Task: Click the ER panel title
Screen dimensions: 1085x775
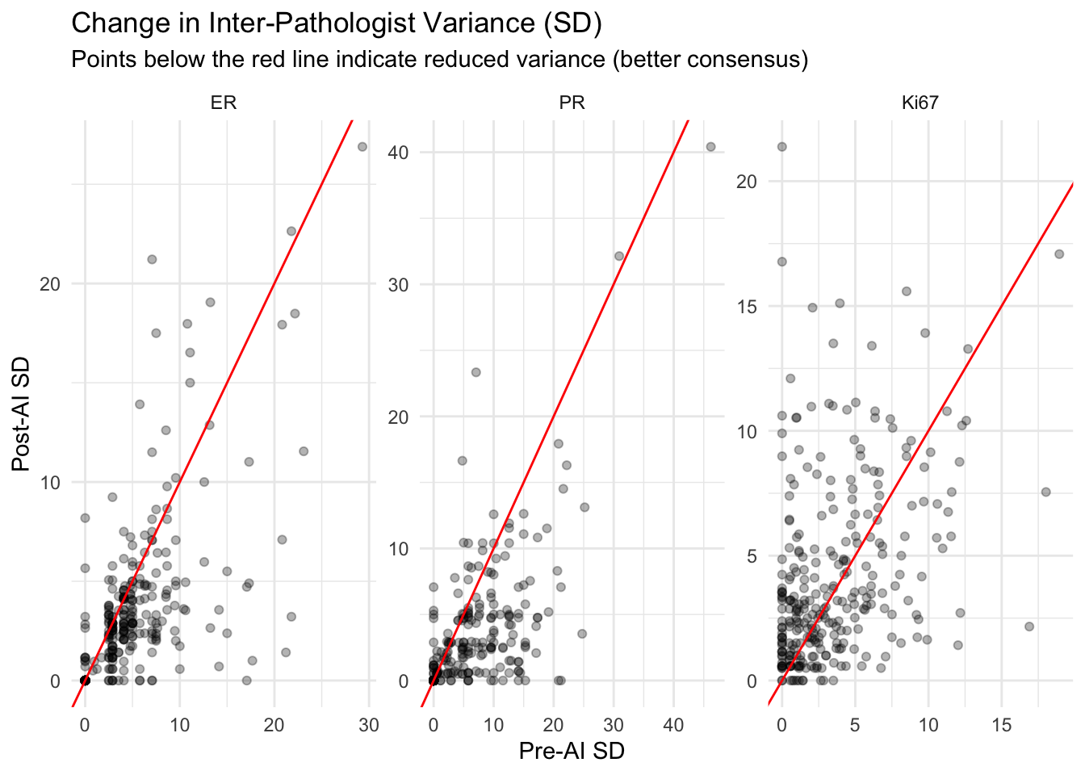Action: [224, 103]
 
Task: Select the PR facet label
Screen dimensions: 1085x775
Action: [572, 103]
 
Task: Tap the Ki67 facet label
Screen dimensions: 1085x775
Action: [920, 103]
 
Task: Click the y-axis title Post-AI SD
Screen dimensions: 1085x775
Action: [21, 414]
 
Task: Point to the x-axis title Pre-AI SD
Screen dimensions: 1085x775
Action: [572, 751]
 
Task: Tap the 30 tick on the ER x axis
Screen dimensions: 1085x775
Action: [369, 725]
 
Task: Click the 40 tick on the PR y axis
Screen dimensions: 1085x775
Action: [399, 153]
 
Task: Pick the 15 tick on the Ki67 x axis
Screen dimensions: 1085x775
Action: [1001, 725]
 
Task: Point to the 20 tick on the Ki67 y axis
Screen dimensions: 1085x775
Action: [747, 182]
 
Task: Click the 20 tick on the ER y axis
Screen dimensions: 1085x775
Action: [50, 284]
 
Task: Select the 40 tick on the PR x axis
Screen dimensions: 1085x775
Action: [673, 725]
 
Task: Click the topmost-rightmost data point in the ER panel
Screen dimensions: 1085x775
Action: [362, 147]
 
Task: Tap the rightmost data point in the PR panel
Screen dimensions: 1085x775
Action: [710, 147]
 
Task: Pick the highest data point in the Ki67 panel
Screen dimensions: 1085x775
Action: [781, 147]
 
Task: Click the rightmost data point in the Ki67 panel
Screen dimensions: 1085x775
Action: [1059, 253]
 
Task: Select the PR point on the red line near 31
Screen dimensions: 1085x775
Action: [619, 256]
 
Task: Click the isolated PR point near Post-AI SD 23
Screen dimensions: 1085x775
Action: [476, 372]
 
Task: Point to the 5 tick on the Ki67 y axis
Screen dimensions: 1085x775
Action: [752, 556]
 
